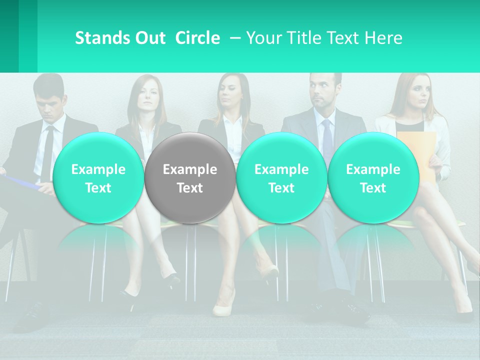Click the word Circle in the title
click(x=197, y=38)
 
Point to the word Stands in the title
click(x=102, y=38)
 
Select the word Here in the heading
click(x=382, y=38)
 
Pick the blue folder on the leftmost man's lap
click(x=22, y=181)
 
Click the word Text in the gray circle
click(x=190, y=188)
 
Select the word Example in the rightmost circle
click(x=373, y=169)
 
